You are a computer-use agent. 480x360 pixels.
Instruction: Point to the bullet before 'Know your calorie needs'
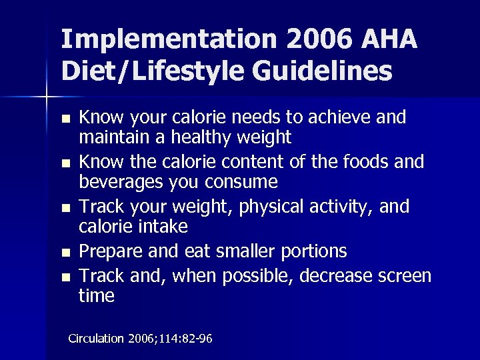[64, 120]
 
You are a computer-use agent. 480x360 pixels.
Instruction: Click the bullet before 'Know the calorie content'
[64, 164]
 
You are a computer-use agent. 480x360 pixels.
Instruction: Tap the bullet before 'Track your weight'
[64, 209]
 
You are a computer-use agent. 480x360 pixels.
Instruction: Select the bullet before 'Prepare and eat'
[64, 253]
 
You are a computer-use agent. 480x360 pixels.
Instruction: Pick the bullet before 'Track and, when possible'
[64, 276]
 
